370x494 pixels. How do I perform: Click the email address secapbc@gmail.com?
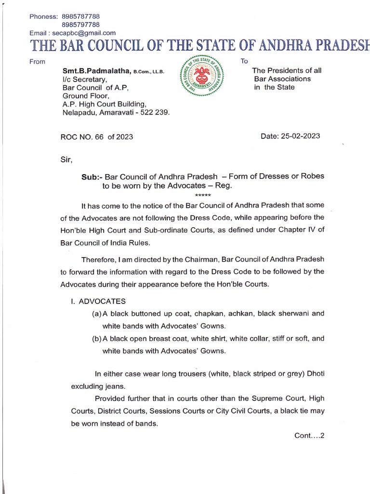tap(85, 33)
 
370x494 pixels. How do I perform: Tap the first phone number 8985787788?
tap(80, 16)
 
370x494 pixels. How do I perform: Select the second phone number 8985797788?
tap(80, 25)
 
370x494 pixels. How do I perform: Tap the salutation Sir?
tap(64, 158)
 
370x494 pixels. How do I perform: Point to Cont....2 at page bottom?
tap(310, 436)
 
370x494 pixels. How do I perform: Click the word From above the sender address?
tap(38, 61)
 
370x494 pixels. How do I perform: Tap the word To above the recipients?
tap(244, 61)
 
